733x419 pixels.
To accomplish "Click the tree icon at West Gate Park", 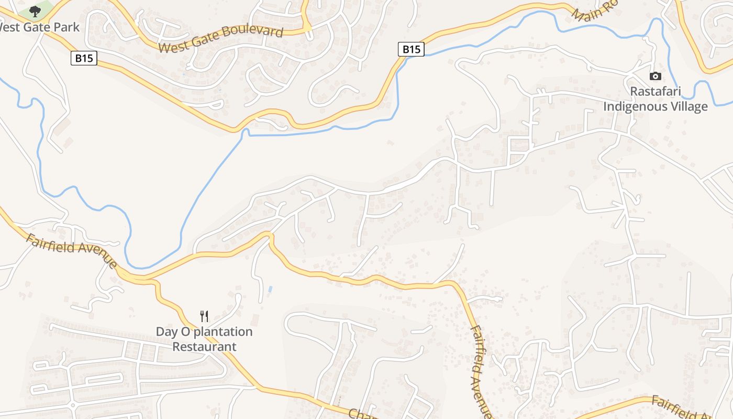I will click(35, 10).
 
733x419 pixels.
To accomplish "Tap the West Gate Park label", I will click(40, 27).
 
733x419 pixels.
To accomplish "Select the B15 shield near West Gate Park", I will click(84, 58).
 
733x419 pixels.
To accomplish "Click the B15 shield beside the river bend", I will click(411, 49).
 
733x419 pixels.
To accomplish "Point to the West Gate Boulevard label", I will click(220, 39).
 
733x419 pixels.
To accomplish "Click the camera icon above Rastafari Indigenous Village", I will click(655, 76).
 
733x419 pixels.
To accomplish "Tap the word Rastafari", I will click(655, 92).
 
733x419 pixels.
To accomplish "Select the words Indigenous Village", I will click(655, 107).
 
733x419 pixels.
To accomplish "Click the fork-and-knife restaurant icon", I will click(204, 316).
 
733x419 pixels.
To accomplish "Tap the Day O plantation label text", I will click(204, 332).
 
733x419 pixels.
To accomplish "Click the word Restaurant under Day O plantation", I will click(204, 347).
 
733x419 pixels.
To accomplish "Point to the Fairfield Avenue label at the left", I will click(71, 250).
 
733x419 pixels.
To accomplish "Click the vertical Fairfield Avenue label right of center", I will click(481, 372).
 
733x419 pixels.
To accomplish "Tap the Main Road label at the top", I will click(594, 10).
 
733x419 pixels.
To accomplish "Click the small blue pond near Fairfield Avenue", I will click(270, 289).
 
